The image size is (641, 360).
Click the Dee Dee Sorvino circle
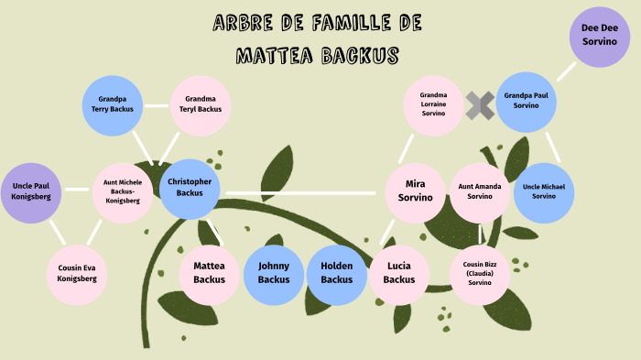click(x=600, y=37)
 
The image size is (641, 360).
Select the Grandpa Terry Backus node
click(x=113, y=104)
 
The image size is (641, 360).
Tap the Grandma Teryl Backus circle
click(x=201, y=104)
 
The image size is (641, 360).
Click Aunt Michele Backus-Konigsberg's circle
click(x=123, y=191)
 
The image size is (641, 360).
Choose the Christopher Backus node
click(x=190, y=188)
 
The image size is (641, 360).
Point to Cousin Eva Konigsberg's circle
click(x=77, y=272)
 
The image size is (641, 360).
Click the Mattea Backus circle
click(x=209, y=272)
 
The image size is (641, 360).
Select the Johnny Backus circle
click(x=273, y=272)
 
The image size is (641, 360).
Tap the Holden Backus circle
click(x=336, y=272)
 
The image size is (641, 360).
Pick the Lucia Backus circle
click(x=399, y=272)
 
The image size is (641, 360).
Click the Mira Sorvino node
click(x=416, y=191)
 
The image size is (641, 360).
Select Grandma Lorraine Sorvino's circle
click(x=433, y=104)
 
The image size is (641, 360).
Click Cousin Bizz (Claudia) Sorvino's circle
click(x=479, y=272)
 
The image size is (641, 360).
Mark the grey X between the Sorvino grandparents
click(x=480, y=105)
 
